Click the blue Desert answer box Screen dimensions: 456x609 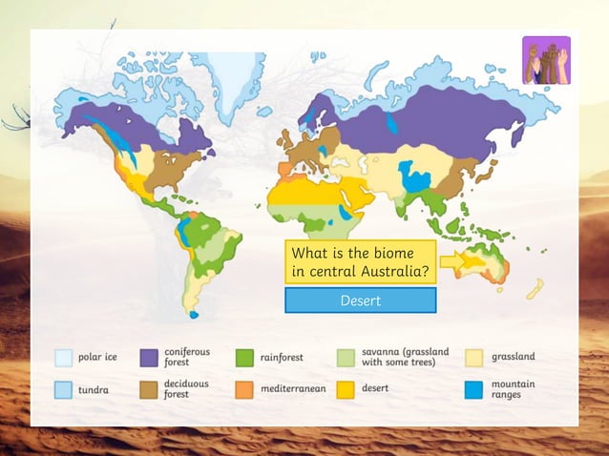(x=361, y=301)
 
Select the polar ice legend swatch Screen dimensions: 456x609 (x=63, y=358)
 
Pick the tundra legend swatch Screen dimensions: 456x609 (x=63, y=389)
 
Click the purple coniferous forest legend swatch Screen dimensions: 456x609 (x=149, y=358)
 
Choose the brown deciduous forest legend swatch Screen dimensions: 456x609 (x=149, y=389)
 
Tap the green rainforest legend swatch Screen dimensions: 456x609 (x=244, y=358)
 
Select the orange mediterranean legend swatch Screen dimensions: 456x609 (x=244, y=389)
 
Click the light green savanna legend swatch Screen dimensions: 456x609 (x=346, y=358)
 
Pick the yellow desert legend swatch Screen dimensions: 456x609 (x=346, y=389)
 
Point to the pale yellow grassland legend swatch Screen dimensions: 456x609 (x=474, y=358)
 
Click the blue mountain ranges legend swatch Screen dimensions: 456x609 (x=474, y=389)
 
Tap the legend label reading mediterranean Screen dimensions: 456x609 (x=293, y=389)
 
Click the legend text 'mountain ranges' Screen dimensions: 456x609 (x=514, y=389)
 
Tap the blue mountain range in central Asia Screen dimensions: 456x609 (x=416, y=176)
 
